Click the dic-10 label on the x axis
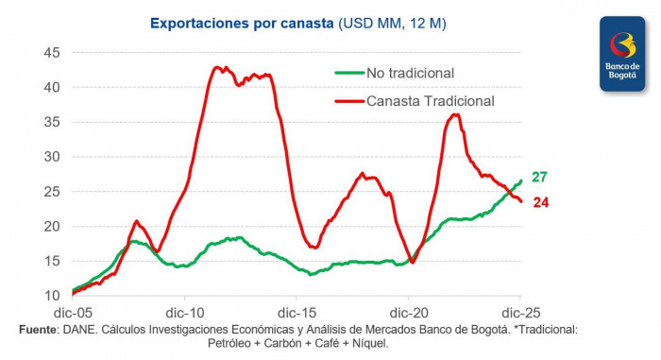(x=185, y=312)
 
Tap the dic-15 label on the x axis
(x=297, y=312)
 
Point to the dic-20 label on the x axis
(x=408, y=312)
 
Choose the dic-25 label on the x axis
(x=519, y=312)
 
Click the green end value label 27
(x=539, y=177)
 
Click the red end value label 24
(x=541, y=202)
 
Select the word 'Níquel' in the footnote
(x=368, y=343)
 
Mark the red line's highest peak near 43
(x=217, y=67)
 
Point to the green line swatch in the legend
(x=347, y=72)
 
